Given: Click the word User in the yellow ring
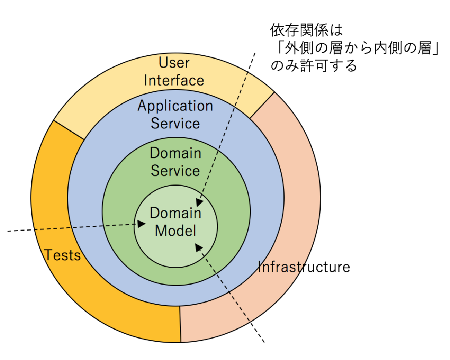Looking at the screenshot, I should [174, 63].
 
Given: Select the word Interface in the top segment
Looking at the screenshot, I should [174, 80].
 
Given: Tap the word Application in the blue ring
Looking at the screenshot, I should [175, 106].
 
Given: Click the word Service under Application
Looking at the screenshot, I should [175, 124].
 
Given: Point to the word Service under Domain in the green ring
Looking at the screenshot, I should [175, 171].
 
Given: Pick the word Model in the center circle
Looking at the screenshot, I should [175, 231].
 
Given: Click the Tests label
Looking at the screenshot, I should [62, 255].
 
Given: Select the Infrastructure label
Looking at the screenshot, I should [304, 267].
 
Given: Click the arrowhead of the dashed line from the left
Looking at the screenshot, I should [142, 224].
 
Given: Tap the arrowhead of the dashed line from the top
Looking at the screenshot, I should [200, 202].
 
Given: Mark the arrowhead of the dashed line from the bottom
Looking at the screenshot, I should [199, 247].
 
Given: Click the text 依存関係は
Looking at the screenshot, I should [306, 30].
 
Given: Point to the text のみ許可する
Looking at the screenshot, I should [313, 65].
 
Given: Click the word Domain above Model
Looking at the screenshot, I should [175, 213].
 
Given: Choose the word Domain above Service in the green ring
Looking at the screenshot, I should [175, 153].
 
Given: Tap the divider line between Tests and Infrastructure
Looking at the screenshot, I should [180, 324].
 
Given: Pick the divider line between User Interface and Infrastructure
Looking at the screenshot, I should [262, 105].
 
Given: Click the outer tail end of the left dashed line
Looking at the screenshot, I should [8, 231].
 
